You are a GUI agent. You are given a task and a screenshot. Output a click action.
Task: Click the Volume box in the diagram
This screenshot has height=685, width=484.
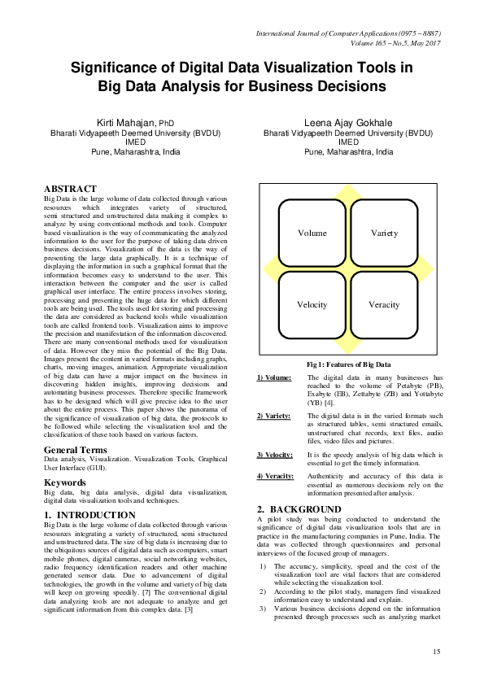pyautogui.click(x=312, y=233)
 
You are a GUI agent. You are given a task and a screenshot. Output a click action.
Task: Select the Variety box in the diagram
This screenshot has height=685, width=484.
pyautogui.click(x=384, y=233)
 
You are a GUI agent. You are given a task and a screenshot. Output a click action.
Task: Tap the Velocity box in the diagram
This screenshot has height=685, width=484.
pyautogui.click(x=312, y=305)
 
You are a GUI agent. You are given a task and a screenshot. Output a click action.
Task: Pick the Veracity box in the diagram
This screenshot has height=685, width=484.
pyautogui.click(x=384, y=305)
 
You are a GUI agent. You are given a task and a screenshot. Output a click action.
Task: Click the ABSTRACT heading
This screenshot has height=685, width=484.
pyautogui.click(x=70, y=188)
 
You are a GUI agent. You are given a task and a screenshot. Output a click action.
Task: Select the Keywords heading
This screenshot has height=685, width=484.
pyautogui.click(x=65, y=482)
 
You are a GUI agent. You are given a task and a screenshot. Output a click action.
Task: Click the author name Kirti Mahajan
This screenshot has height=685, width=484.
pyautogui.click(x=130, y=122)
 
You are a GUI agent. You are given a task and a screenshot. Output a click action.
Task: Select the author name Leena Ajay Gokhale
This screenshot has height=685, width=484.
pyautogui.click(x=348, y=122)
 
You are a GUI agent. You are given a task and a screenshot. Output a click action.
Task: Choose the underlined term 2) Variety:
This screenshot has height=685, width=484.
pyautogui.click(x=273, y=416)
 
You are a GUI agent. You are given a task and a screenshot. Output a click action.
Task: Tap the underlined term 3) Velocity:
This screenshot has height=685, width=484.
pyautogui.click(x=274, y=453)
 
